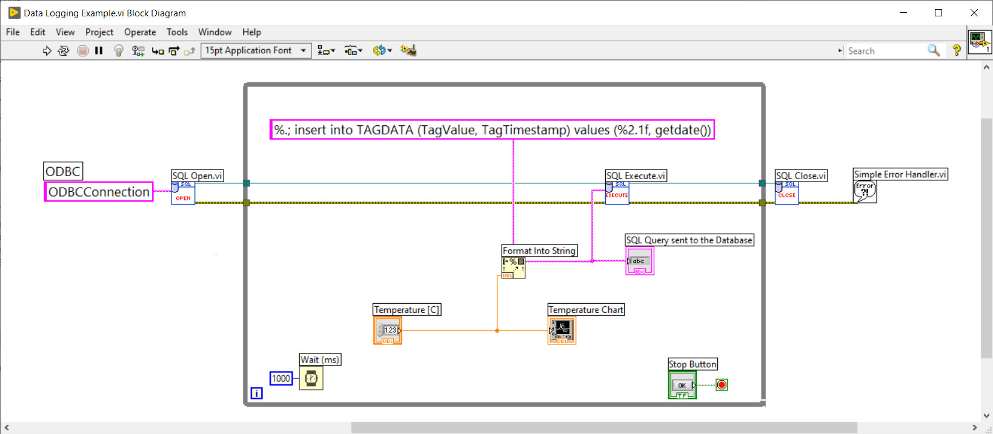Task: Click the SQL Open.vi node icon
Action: coord(183,194)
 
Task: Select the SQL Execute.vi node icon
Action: coord(617,194)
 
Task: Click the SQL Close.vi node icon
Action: coord(786,194)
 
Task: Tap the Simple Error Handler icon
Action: coord(865,191)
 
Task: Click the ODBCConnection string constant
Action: coord(99,192)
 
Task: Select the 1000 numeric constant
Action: coord(281,379)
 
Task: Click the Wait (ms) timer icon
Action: coord(311,379)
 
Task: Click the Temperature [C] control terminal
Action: coord(388,330)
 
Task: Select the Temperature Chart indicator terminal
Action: coord(562,330)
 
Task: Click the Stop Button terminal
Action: coord(682,386)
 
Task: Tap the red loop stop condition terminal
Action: coord(722,385)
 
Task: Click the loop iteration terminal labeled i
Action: coord(256,393)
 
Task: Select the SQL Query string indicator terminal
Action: coord(639,261)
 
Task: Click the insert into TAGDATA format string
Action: coord(492,130)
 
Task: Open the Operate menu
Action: coord(140,32)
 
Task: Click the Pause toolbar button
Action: coord(99,51)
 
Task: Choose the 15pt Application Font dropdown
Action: coord(256,51)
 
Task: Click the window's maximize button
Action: coord(938,13)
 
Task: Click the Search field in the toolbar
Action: coord(885,51)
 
